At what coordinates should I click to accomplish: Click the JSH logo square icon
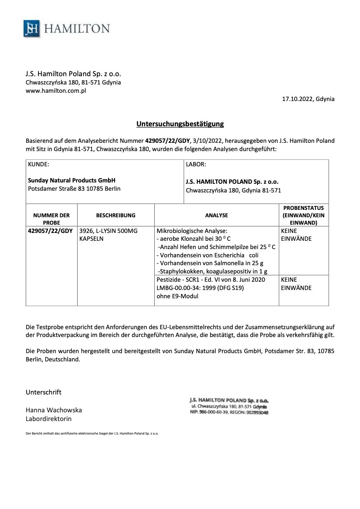point(32,29)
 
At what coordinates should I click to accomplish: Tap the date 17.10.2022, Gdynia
point(309,99)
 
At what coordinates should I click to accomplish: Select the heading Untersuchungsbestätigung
point(180,124)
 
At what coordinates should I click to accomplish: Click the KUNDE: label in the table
point(38,165)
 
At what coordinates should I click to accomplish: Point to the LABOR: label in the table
point(196,165)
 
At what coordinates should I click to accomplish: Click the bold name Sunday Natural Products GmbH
point(71,180)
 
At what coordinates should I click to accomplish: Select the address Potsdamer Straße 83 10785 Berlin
point(74,189)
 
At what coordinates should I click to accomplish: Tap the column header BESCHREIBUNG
point(115,215)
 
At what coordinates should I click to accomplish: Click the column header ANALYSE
point(216,215)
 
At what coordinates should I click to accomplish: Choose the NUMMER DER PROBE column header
point(51,219)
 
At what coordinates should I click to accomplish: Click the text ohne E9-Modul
point(177,296)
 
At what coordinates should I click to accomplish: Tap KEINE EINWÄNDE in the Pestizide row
point(296,284)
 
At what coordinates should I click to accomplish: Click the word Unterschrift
point(44,392)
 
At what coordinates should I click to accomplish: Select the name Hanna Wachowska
point(54,410)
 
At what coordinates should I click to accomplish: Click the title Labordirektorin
point(49,419)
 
